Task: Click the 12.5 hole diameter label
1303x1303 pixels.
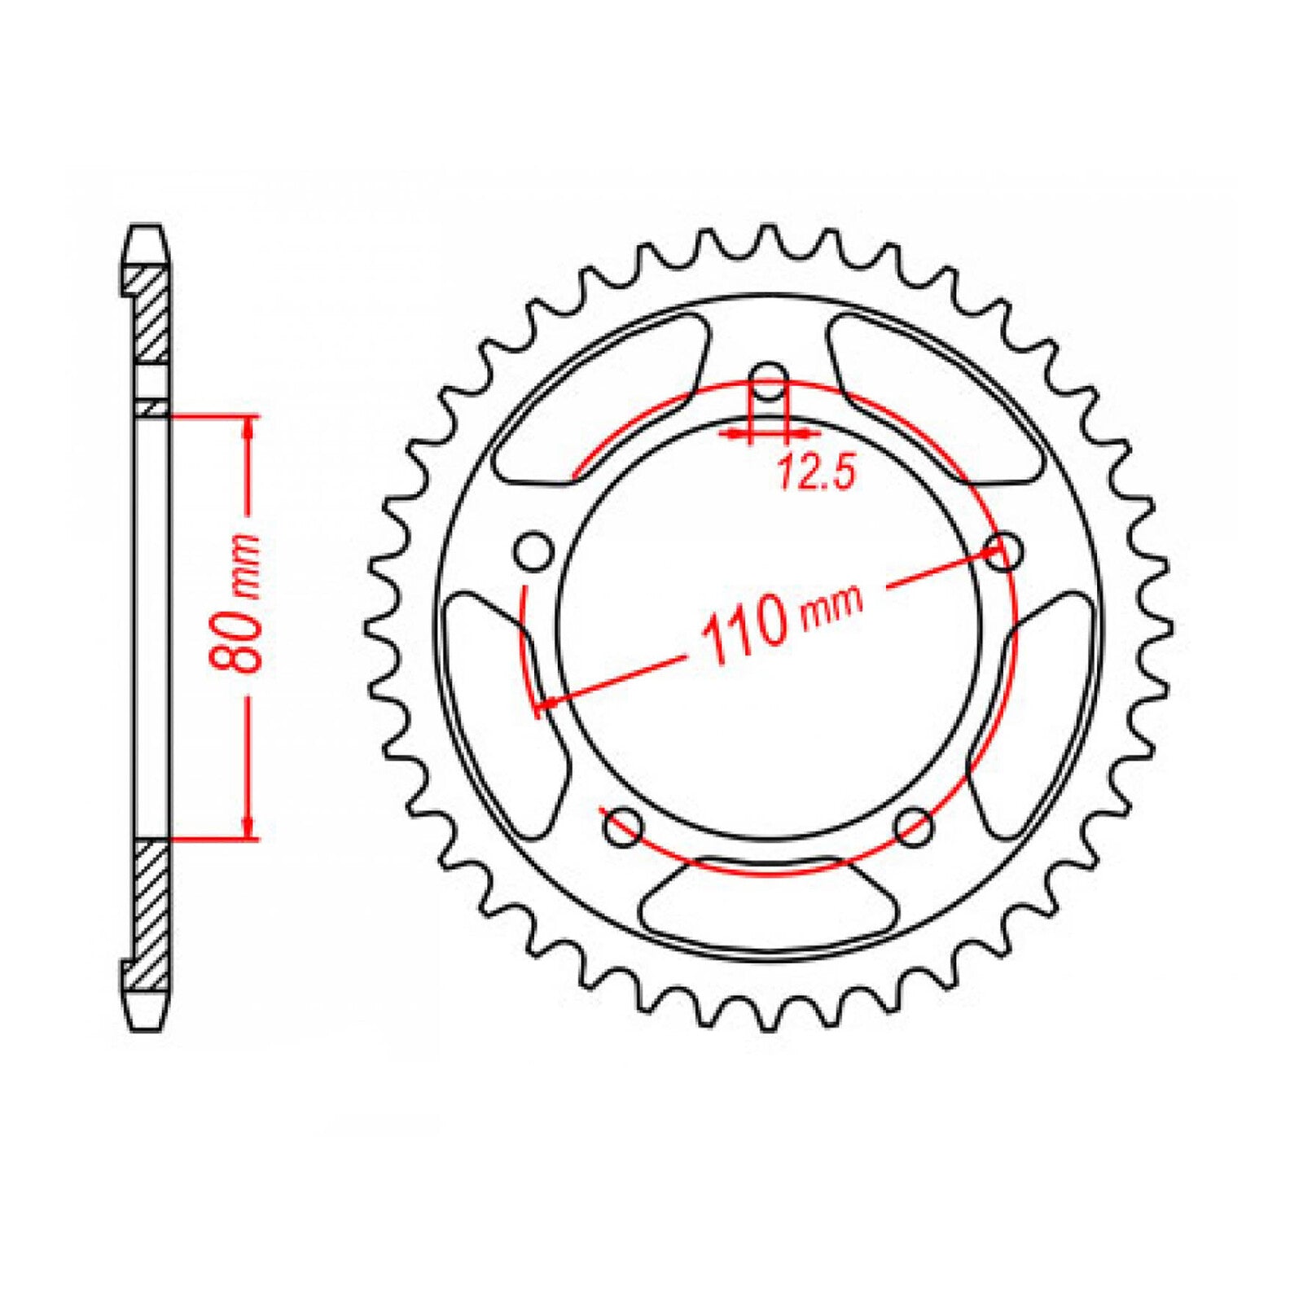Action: tap(815, 473)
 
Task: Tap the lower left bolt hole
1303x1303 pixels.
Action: tap(624, 826)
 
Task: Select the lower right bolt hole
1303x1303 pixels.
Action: tap(913, 826)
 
